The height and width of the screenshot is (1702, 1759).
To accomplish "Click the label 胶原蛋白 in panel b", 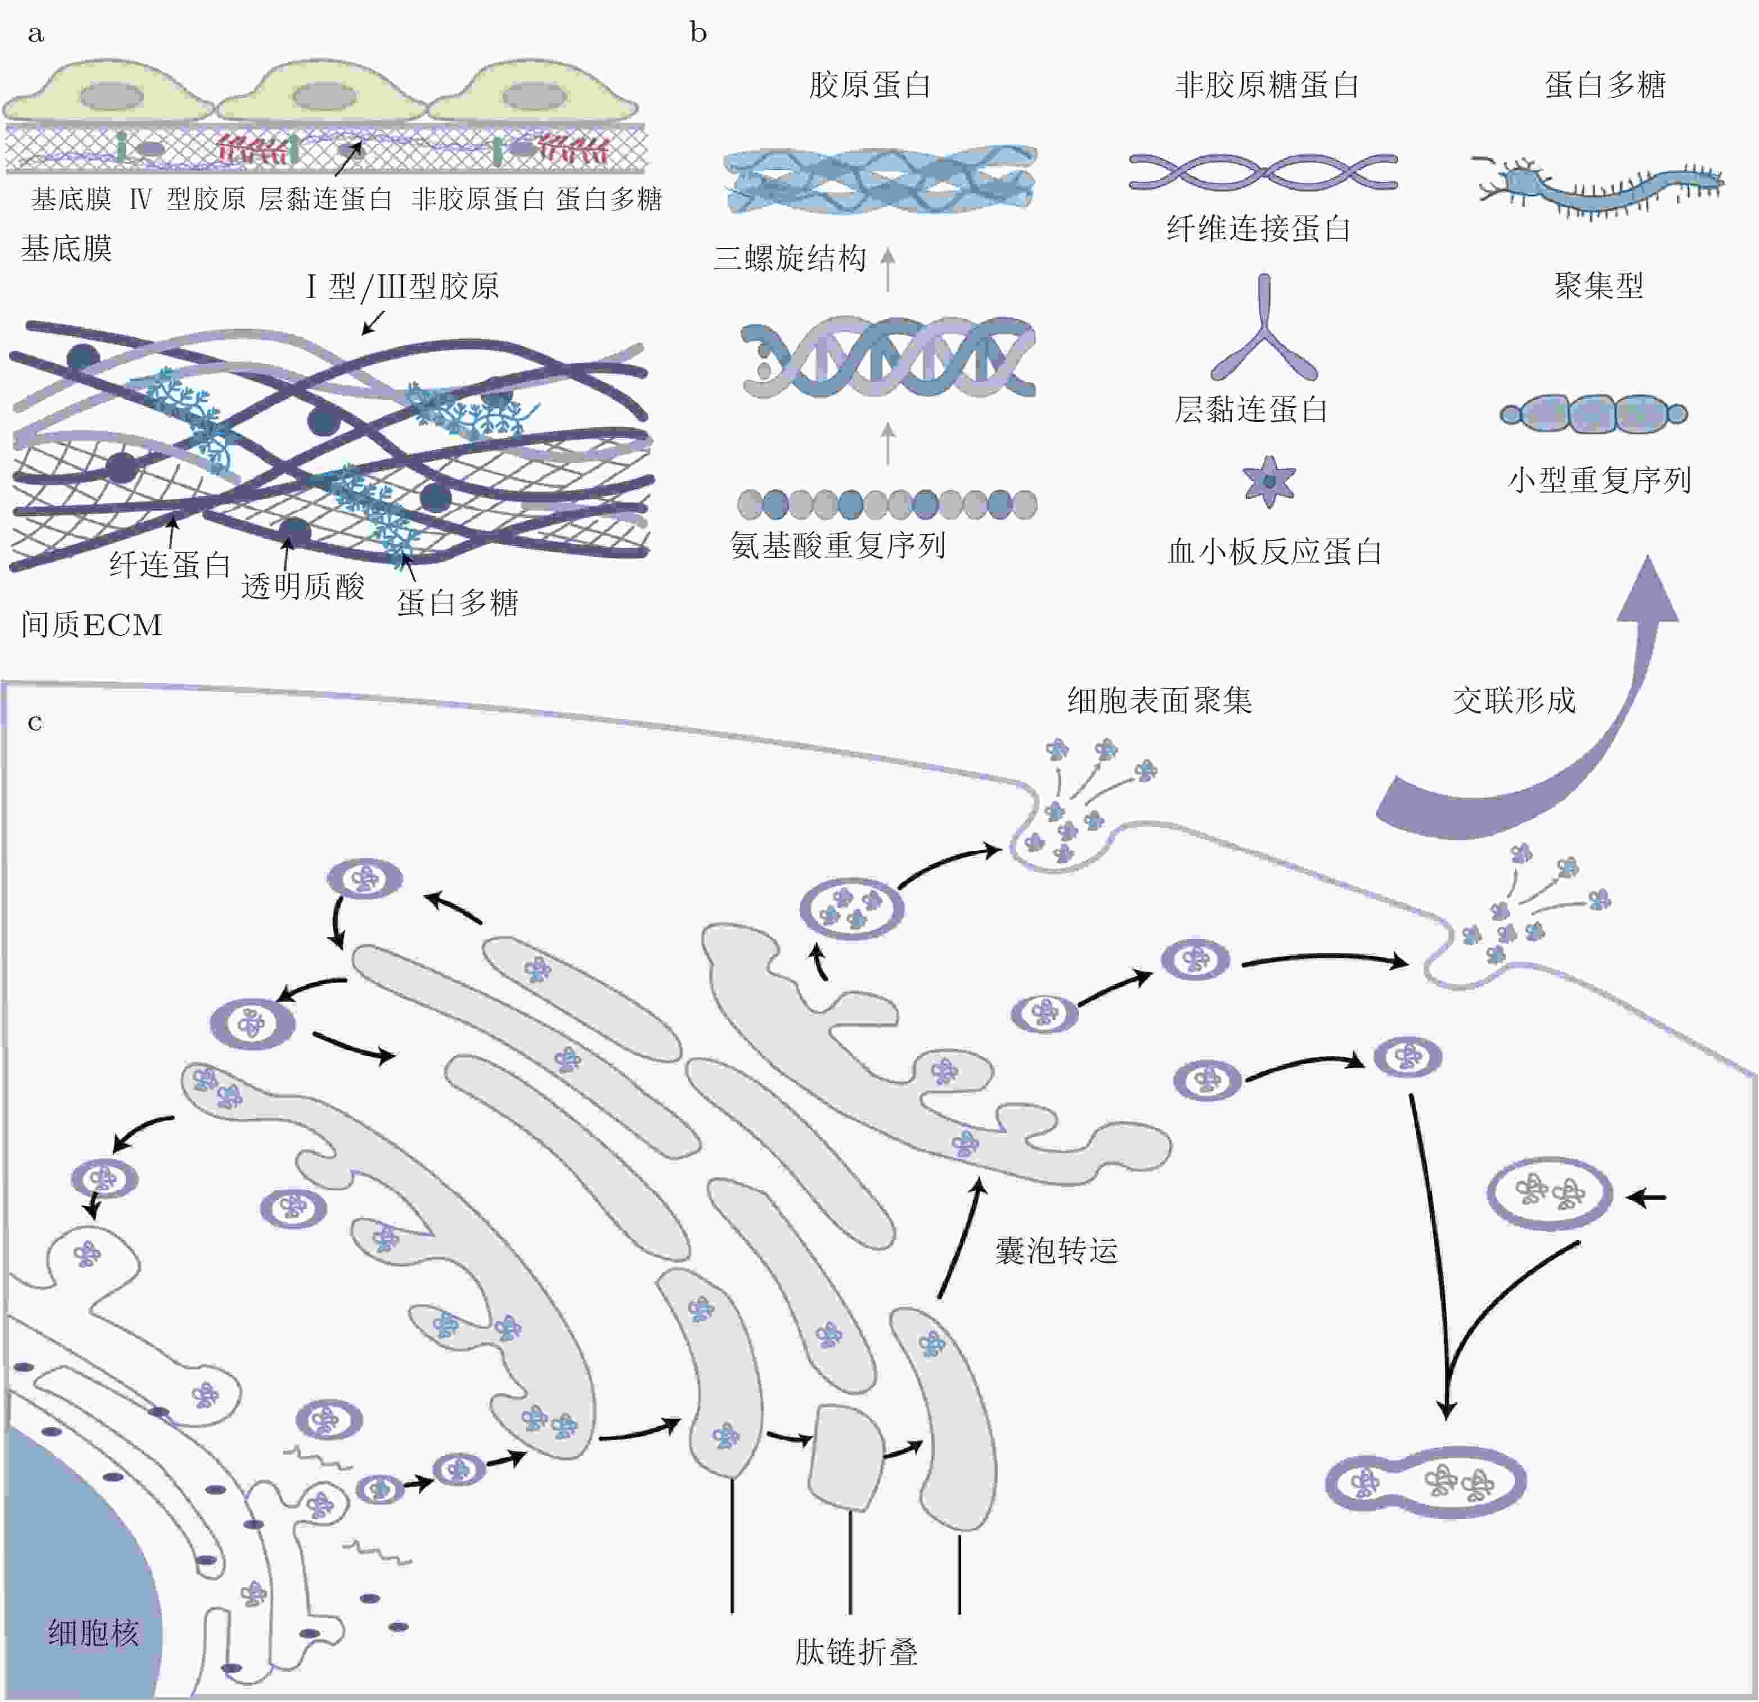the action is [x=869, y=85].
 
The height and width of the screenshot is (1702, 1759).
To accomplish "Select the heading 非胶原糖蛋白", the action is [x=1266, y=85].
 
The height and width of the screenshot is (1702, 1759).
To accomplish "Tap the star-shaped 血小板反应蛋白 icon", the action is [x=1269, y=481].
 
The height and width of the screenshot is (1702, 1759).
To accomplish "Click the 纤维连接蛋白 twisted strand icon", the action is [x=1263, y=171].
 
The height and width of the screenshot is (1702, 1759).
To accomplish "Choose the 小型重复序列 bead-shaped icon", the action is [x=1593, y=413].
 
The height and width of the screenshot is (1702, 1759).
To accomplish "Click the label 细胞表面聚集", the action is [x=1159, y=700].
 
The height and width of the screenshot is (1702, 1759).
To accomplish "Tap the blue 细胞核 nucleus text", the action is [x=94, y=1632].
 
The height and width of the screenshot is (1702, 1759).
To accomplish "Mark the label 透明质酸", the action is [x=303, y=586].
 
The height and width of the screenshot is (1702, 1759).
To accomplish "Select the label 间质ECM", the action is [x=92, y=625].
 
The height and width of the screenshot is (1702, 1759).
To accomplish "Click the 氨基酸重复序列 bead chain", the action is [x=887, y=504].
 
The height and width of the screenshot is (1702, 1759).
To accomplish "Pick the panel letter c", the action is [x=35, y=722].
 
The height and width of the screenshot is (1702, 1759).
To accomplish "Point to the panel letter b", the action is [x=698, y=33].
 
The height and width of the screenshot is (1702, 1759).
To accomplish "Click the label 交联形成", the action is [x=1514, y=700].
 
